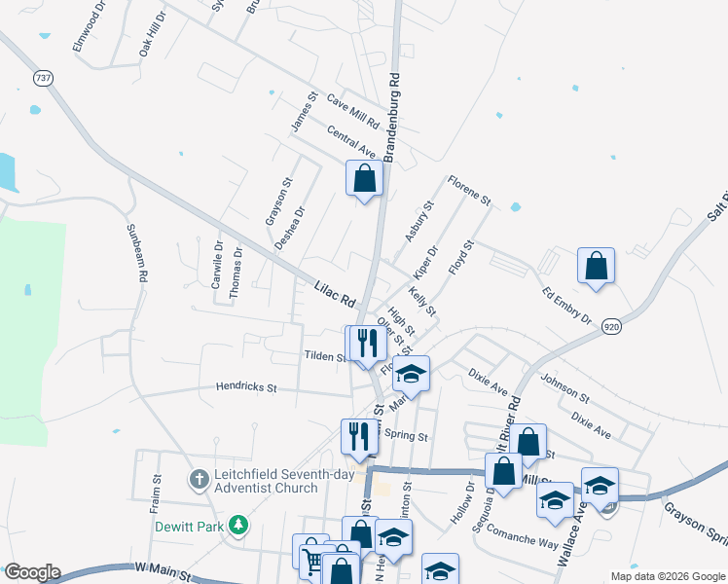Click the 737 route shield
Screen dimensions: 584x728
(42, 78)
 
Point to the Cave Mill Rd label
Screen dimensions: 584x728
(352, 112)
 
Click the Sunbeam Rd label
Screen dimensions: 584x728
(136, 253)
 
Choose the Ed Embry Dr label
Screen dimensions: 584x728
(567, 304)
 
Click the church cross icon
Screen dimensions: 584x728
(199, 479)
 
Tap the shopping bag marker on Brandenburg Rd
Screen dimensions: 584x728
(364, 179)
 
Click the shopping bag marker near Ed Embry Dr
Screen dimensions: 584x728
(596, 266)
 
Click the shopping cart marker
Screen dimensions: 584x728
(311, 561)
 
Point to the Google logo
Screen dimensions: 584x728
(32, 572)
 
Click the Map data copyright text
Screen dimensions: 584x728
(667, 576)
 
